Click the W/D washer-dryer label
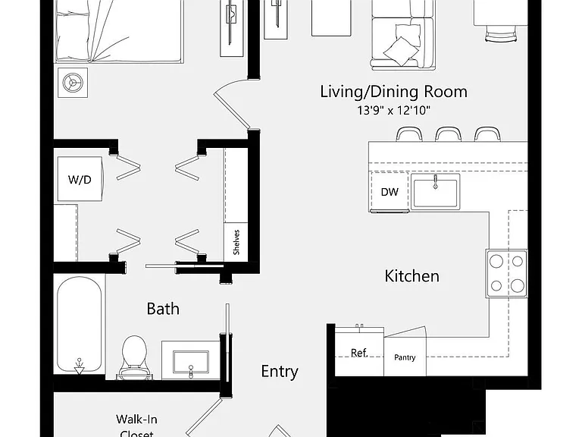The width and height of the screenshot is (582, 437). coord(80,180)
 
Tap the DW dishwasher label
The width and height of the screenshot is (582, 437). coord(390,192)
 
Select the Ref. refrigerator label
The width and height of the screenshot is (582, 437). coord(359,353)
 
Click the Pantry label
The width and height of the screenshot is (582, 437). coord(405,357)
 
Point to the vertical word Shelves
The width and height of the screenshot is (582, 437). coord(236,242)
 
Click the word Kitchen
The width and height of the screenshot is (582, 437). coord(412,276)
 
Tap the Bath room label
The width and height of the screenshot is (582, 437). coord(163,309)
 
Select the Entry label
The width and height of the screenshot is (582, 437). coord(280,372)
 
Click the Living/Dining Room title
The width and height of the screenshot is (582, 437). coord(394,92)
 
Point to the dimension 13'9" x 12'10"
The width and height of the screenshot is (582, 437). coord(393,110)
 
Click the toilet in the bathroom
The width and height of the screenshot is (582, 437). coord(134,357)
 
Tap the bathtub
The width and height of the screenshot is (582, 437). coord(79,324)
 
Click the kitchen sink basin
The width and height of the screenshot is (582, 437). coord(436,192)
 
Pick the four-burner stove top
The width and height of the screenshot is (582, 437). coord(507,273)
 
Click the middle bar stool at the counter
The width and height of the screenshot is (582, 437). coord(449,134)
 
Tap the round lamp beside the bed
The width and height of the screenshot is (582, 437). coord(73,83)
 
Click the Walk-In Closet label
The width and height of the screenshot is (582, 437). coord(137,426)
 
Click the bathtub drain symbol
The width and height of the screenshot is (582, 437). coord(79,366)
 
